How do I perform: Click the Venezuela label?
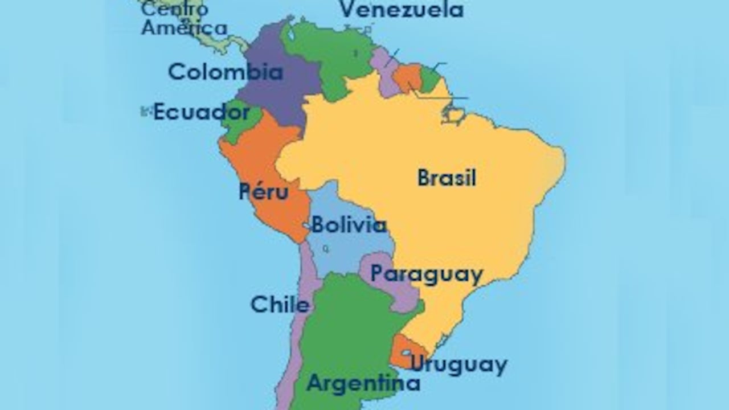pyautogui.click(x=402, y=9)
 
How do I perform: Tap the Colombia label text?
pyautogui.click(x=226, y=72)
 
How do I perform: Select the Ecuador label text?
pyautogui.click(x=201, y=112)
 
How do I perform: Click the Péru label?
pyautogui.click(x=264, y=192)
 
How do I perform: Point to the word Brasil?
pyautogui.click(x=447, y=178)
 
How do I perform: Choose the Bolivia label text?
pyautogui.click(x=349, y=225)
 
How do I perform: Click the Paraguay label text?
pyautogui.click(x=427, y=274)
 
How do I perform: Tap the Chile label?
pyautogui.click(x=280, y=305)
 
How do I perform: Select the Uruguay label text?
pyautogui.click(x=458, y=365)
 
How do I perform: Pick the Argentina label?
pyautogui.click(x=363, y=383)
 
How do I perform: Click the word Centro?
pyautogui.click(x=174, y=9)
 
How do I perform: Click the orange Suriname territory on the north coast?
pyautogui.click(x=407, y=77)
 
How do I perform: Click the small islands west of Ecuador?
pyautogui.click(x=146, y=111)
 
